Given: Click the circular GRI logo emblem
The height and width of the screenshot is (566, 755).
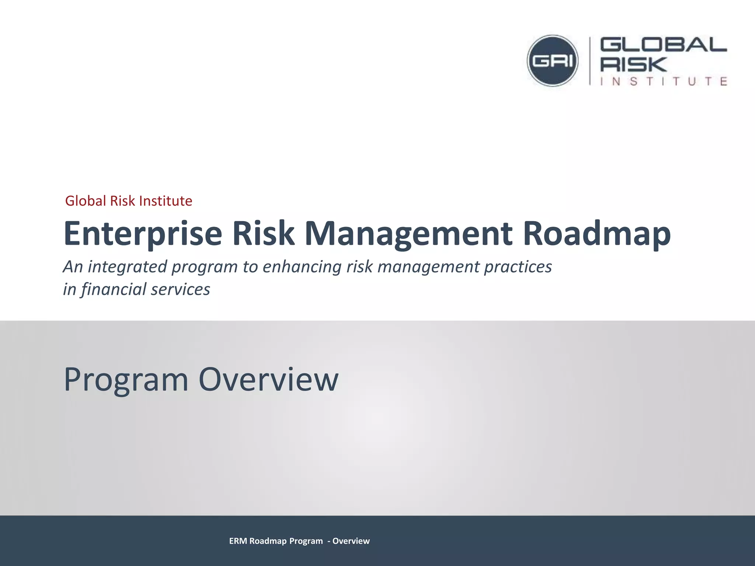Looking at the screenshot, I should click(552, 61).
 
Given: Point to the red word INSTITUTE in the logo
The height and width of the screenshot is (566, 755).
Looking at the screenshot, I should click(664, 81).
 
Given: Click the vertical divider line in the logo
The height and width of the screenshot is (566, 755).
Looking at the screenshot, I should click(590, 61).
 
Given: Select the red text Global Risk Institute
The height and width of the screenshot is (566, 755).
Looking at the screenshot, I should click(128, 201).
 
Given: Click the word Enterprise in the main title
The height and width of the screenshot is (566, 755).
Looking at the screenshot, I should click(143, 234).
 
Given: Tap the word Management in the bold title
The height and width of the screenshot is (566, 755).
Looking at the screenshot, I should click(408, 234).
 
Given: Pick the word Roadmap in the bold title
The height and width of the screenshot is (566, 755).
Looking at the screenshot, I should click(596, 234).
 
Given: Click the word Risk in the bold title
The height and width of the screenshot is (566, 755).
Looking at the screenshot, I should click(263, 234).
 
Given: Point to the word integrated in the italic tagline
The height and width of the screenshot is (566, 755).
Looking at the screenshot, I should click(127, 267).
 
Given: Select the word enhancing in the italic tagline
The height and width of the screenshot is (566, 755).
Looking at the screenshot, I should click(302, 267).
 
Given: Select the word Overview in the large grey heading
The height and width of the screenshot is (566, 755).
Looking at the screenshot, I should click(268, 380).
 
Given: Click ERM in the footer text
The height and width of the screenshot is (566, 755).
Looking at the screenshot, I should click(238, 541).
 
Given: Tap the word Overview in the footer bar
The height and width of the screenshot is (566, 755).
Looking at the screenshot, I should click(351, 541).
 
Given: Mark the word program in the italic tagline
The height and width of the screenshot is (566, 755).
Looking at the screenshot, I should click(204, 267).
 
